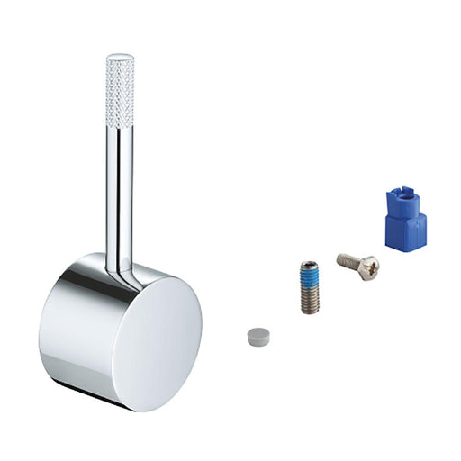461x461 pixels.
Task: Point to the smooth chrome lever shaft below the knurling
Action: pos(121,198)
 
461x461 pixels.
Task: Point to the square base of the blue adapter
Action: pos(406,231)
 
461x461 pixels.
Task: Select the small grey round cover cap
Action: pos(258,337)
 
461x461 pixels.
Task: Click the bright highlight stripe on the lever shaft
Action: pos(116,198)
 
